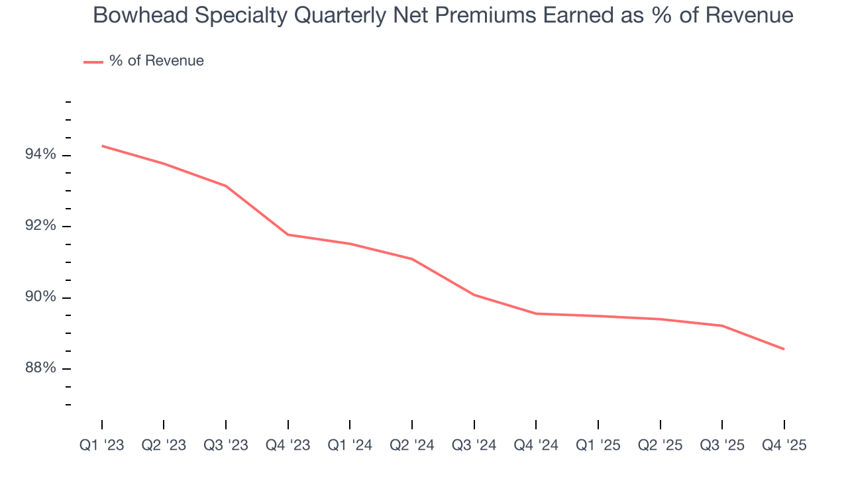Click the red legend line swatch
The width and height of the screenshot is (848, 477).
pyautogui.click(x=93, y=62)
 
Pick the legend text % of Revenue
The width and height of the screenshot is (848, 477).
pyautogui.click(x=156, y=61)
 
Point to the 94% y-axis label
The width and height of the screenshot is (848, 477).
pyautogui.click(x=40, y=155)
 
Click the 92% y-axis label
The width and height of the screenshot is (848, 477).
pyautogui.click(x=40, y=226)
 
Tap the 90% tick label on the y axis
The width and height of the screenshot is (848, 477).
pyautogui.click(x=40, y=297)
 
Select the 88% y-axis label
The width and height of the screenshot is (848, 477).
pyautogui.click(x=40, y=368)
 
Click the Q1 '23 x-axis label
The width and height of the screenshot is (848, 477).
pyautogui.click(x=102, y=446)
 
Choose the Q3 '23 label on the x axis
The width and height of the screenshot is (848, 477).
pyautogui.click(x=226, y=446)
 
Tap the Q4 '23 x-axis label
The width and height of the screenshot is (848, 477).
pyautogui.click(x=288, y=446)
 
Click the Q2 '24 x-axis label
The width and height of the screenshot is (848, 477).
pyautogui.click(x=412, y=446)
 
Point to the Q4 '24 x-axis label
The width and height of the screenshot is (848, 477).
pyautogui.click(x=536, y=446)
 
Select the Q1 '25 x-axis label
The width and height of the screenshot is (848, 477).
pyautogui.click(x=598, y=446)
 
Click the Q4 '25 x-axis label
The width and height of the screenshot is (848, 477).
pyautogui.click(x=784, y=446)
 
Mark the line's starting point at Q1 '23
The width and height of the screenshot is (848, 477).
pyautogui.click(x=102, y=146)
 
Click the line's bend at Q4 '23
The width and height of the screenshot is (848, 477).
pyautogui.click(x=288, y=235)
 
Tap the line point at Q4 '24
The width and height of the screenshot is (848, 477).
pyautogui.click(x=536, y=313)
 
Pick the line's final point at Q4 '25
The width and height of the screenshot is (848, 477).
pyautogui.click(x=784, y=349)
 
